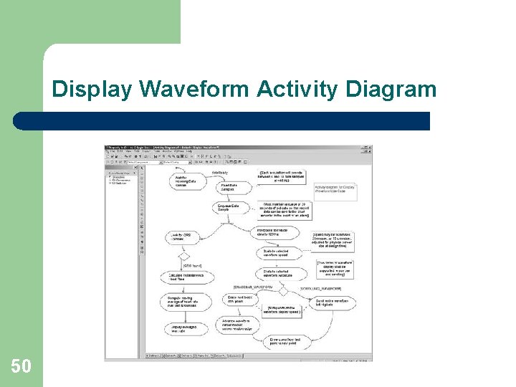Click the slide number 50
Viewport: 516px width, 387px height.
21,366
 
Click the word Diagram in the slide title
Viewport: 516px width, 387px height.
391,90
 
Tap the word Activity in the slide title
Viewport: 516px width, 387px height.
297,90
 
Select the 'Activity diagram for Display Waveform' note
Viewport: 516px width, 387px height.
334,189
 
